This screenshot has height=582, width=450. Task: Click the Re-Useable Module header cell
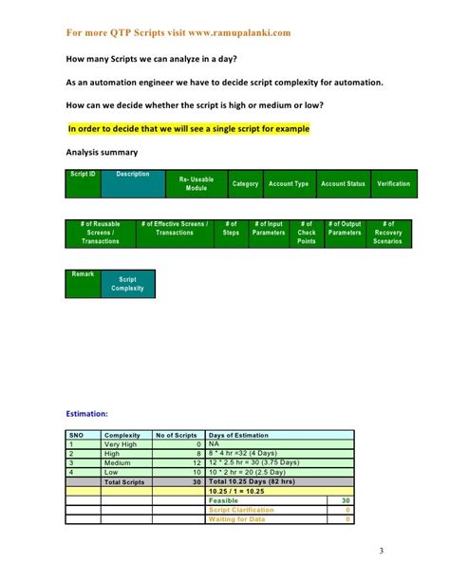[x=196, y=183]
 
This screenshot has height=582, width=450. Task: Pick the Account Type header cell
[x=289, y=183]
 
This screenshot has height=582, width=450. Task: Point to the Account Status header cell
[x=343, y=183]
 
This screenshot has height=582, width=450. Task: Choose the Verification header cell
[x=393, y=183]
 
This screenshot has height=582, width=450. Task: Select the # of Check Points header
[x=307, y=233]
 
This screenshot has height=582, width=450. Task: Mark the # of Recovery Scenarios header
[x=387, y=233]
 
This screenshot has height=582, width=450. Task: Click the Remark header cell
[x=83, y=274]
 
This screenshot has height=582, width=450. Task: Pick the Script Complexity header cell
[x=127, y=284]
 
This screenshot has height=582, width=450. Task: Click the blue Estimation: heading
[x=86, y=414]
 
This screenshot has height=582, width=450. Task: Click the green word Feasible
[x=224, y=499]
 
